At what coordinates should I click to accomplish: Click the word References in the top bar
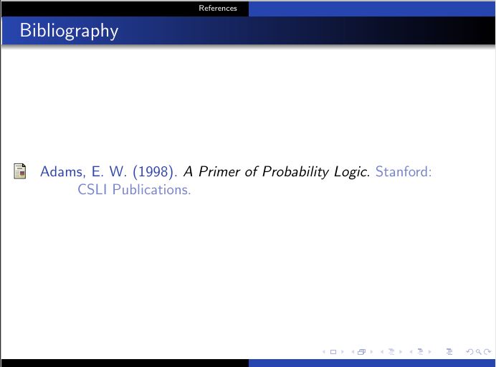pos(217,9)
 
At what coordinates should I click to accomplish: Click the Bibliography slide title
pos(69,32)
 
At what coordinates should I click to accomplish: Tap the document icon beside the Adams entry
pos(20,172)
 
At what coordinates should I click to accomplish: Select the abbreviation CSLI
pos(92,190)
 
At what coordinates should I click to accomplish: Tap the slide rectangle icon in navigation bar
pos(333,351)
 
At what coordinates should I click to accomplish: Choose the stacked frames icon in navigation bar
pos(361,351)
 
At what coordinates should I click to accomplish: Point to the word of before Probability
pos(248,172)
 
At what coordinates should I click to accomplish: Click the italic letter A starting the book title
pos(189,172)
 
